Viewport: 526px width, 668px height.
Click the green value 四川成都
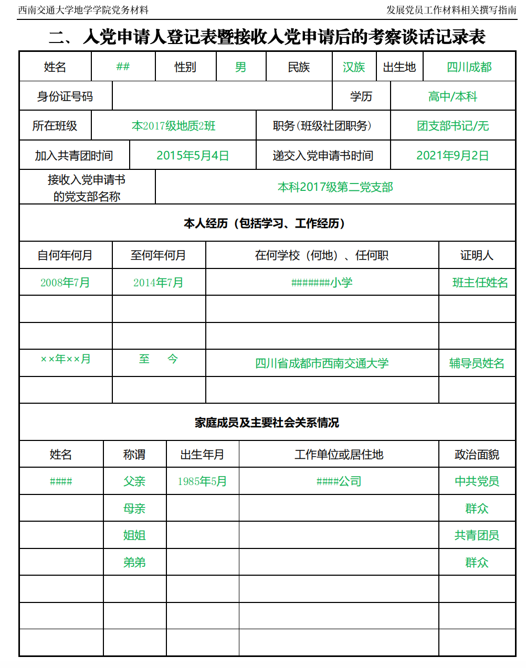coord(469,67)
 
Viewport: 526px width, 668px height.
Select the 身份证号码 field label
coord(65,96)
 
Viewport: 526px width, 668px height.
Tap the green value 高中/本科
coord(453,96)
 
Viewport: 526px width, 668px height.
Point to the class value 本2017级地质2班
coord(173,126)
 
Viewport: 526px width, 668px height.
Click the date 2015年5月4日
coord(193,156)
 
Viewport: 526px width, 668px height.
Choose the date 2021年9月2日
coord(453,156)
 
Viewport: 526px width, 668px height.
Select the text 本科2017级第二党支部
coord(335,187)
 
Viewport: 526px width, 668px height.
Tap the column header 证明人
coord(477,255)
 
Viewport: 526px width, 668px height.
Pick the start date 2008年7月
coord(65,283)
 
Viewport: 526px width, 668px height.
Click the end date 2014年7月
coord(158,283)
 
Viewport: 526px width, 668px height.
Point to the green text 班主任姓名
coord(480,283)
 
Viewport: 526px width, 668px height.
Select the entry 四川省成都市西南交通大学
coord(322,363)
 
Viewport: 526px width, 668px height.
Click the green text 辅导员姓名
coord(477,363)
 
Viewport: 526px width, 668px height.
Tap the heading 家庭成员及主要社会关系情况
coord(267,423)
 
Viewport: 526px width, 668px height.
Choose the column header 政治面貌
coord(477,455)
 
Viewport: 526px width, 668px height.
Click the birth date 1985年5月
coord(202,481)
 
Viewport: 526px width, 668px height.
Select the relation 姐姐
coord(134,535)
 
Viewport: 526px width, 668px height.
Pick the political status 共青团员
coord(477,535)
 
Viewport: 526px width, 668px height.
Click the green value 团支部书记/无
coord(453,126)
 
